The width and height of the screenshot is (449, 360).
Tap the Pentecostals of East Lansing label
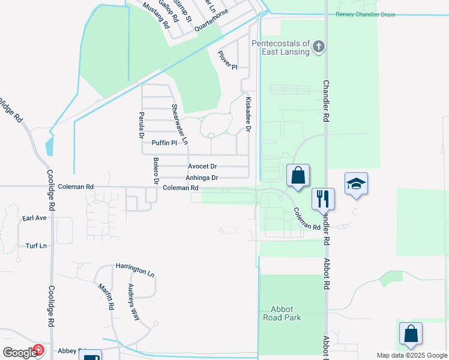[280, 47]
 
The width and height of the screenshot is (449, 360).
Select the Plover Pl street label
[228, 59]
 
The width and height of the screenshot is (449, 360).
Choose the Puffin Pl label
[164, 143]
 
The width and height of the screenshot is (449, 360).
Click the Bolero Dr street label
[155, 170]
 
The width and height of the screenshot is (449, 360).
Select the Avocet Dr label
[202, 166]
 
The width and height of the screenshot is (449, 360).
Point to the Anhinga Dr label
[202, 178]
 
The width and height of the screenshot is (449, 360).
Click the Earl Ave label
[35, 218]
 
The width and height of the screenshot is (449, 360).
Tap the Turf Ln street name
[36, 246]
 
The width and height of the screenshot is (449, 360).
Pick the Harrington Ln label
[135, 269]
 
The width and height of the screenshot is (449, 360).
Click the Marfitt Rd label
[106, 296]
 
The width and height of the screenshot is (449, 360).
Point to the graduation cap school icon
[356, 183]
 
